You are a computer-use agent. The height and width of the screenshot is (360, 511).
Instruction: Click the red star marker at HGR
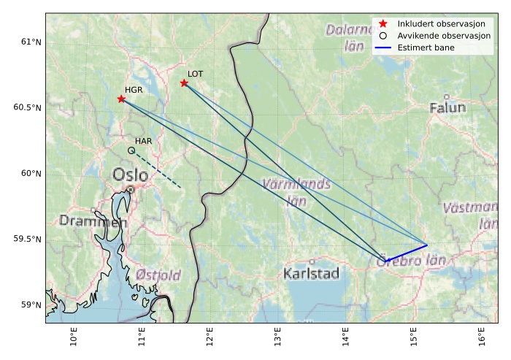coord(121,99)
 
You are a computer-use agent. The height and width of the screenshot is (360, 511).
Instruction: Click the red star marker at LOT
coord(184,83)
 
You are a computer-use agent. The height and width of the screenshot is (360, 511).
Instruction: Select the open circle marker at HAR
coord(131,150)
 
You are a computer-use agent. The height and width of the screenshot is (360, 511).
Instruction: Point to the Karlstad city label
coord(312,275)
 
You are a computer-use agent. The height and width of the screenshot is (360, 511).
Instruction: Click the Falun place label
coord(447,108)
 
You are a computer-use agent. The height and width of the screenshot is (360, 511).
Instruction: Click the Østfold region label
coord(158,275)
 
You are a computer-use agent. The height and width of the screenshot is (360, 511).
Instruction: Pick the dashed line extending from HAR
coord(157,170)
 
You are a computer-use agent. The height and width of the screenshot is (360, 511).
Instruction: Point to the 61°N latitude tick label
coord(28,42)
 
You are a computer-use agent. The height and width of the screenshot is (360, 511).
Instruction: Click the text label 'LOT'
coord(195,74)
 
